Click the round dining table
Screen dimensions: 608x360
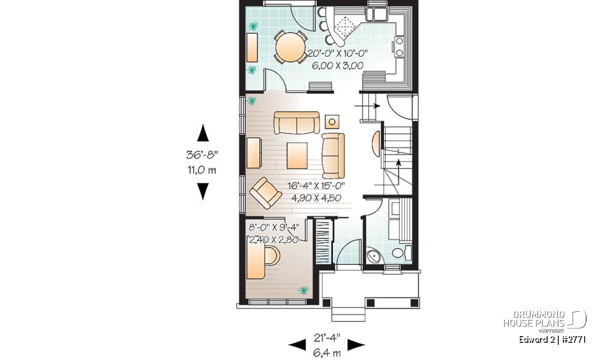(290, 47)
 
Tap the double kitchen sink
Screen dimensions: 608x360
(376, 14)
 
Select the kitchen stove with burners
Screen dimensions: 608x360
(399, 47)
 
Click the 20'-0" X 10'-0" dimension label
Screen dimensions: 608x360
(337, 53)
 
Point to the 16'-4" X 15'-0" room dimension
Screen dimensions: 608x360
(316, 186)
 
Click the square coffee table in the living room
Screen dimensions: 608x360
(297, 156)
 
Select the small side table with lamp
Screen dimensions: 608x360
(332, 122)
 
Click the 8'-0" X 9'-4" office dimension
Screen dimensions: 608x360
(274, 227)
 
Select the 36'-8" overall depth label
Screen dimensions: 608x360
(202, 155)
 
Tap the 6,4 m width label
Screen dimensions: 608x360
(327, 353)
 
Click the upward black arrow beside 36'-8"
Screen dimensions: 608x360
(203, 133)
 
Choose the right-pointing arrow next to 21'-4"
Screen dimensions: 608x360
(356, 345)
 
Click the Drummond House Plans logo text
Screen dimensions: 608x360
(534, 319)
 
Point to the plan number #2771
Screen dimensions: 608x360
(573, 340)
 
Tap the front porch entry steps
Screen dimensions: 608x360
(349, 315)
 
